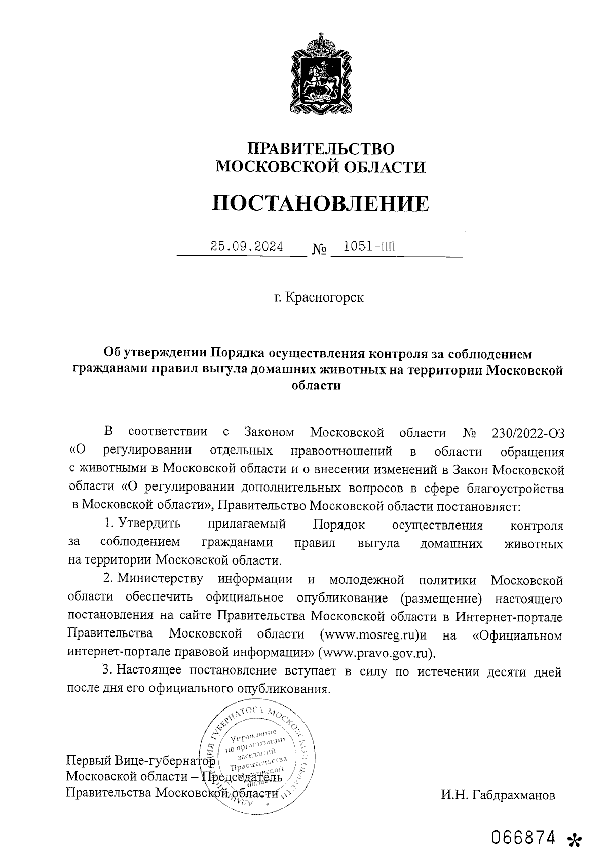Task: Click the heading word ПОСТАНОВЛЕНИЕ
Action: point(320,203)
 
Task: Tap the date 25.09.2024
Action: point(247,247)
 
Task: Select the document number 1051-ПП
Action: point(368,247)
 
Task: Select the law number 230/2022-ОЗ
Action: point(527,433)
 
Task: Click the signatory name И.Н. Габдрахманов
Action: point(498,795)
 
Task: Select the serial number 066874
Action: point(524,837)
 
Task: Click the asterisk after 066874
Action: point(574,840)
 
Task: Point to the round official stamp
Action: point(258,755)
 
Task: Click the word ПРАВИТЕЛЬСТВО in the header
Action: point(320,148)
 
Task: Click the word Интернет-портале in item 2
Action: point(509,617)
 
